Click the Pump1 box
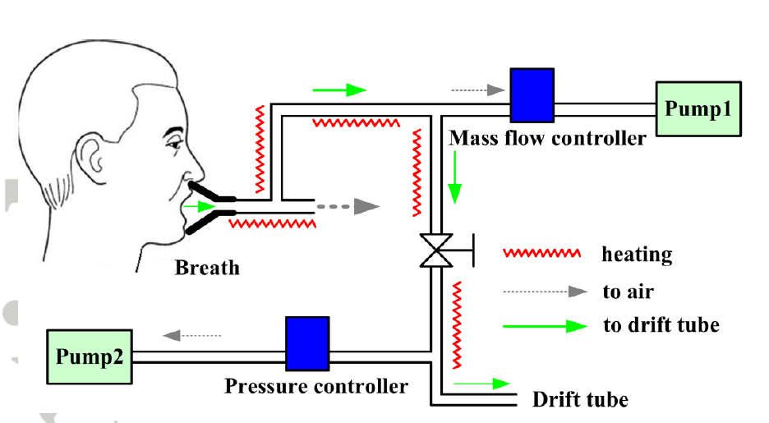698,108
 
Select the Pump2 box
89,356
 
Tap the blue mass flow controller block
532,95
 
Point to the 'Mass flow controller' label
547,138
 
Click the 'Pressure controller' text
315,385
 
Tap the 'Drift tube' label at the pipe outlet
580,400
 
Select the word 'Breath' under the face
207,267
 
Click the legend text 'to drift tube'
661,325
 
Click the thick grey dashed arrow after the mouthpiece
350,206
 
